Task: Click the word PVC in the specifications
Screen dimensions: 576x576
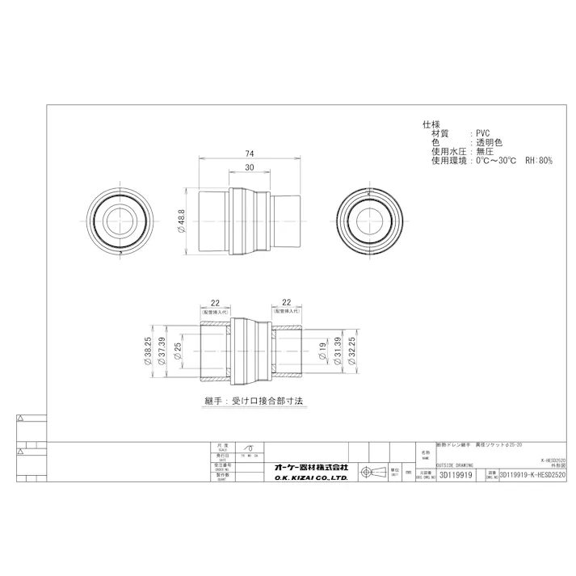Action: coord(482,132)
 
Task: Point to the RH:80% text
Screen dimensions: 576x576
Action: coord(539,161)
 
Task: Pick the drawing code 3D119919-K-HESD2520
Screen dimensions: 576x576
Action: coord(534,477)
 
